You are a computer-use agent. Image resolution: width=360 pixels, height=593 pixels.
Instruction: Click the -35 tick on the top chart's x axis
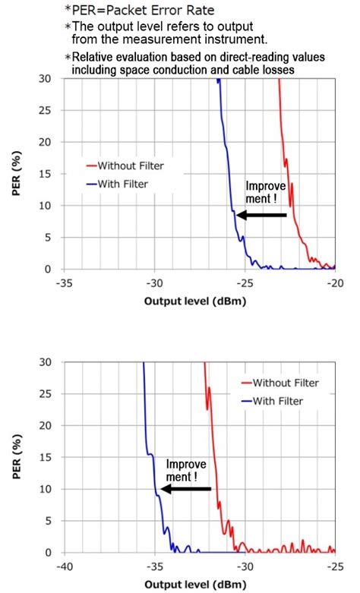(x=65, y=281)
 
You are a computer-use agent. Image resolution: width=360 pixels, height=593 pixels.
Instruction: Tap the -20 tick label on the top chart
(x=333, y=281)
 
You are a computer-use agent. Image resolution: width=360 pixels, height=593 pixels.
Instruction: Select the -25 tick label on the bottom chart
(x=333, y=565)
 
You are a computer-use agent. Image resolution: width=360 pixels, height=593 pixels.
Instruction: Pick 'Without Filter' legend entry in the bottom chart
(x=286, y=383)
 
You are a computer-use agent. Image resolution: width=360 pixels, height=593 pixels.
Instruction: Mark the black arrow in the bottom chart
(x=185, y=490)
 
